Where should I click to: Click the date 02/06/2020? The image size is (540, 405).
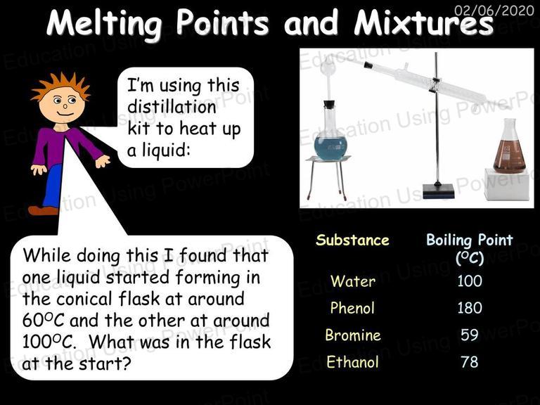click(x=494, y=11)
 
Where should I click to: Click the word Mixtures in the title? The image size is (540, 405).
click(x=423, y=23)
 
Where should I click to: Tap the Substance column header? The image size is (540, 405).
click(x=352, y=240)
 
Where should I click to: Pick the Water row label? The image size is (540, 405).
click(x=353, y=281)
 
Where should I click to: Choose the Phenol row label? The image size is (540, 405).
click(x=352, y=307)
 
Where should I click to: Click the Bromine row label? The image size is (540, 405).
click(x=353, y=335)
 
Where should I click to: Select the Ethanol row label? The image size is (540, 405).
click(x=352, y=362)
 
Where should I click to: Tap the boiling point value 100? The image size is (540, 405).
click(x=470, y=281)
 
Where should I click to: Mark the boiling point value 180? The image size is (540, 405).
click(x=470, y=307)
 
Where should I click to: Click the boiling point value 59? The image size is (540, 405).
click(x=470, y=335)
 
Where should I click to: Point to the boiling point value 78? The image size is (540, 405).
click(x=470, y=362)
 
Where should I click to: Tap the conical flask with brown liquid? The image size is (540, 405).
click(x=509, y=148)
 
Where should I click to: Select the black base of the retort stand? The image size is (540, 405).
click(x=439, y=191)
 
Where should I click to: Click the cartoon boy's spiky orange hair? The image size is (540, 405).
click(x=61, y=86)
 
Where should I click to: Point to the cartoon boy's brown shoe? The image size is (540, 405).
click(x=43, y=210)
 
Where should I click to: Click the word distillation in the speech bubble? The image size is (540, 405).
click(x=172, y=107)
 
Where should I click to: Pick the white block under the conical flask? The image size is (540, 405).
click(x=506, y=185)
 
